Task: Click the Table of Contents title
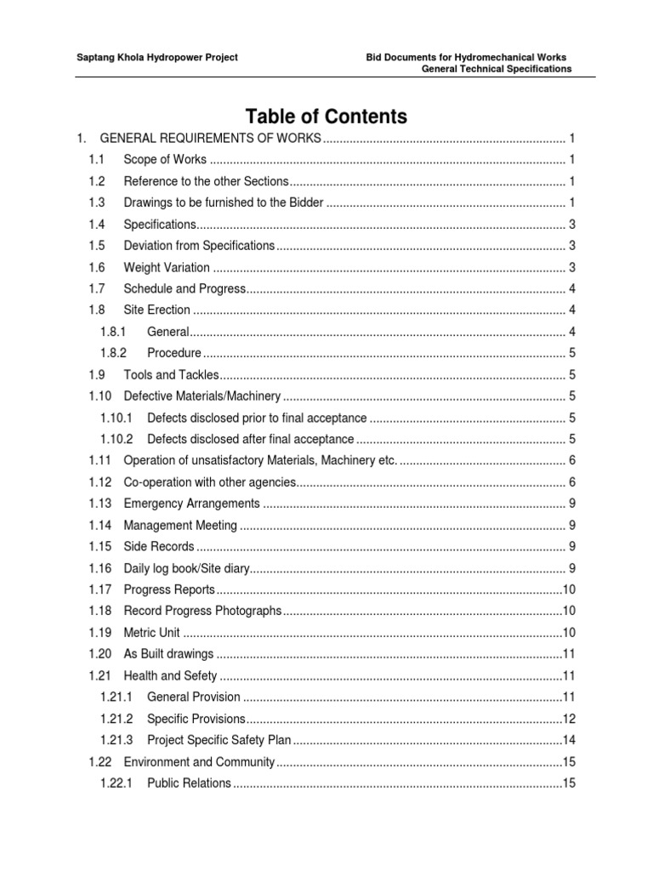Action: pyautogui.click(x=326, y=116)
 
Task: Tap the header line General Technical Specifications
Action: pyautogui.click(x=497, y=69)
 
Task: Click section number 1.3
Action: pyautogui.click(x=96, y=202)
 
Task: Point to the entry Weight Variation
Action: pyautogui.click(x=167, y=267)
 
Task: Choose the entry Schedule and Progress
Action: pyautogui.click(x=185, y=288)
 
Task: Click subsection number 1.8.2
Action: pyautogui.click(x=113, y=353)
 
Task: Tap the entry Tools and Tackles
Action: pyautogui.click(x=171, y=374)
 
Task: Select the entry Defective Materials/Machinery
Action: pyautogui.click(x=202, y=396)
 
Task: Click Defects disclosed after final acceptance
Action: pyautogui.click(x=250, y=439)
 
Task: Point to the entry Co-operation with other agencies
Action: pyautogui.click(x=209, y=482)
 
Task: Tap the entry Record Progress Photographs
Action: pyautogui.click(x=202, y=611)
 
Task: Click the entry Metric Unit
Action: pyautogui.click(x=152, y=632)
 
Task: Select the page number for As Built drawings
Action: pyautogui.click(x=570, y=654)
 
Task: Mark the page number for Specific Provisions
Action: pyautogui.click(x=570, y=719)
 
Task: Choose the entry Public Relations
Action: pyautogui.click(x=189, y=783)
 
